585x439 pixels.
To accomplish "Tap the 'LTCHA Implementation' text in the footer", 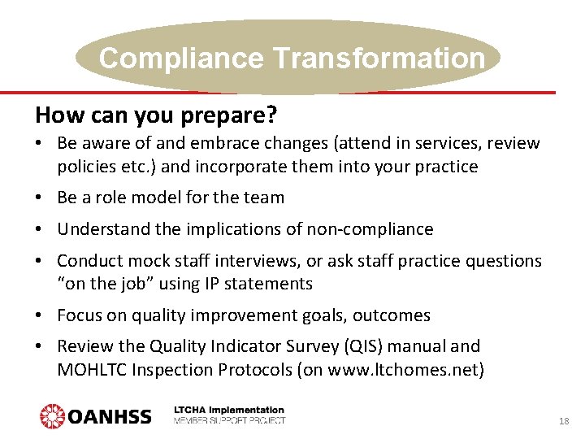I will point(229,410).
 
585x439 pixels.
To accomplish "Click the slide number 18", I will point(563,421).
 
